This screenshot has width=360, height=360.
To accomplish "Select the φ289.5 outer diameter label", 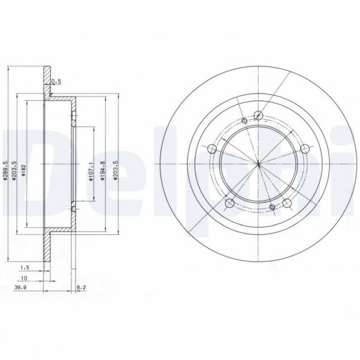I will tap(5, 170).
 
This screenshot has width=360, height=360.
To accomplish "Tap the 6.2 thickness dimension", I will tap(82, 289).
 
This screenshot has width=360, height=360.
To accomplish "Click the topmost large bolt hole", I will tap(258, 116).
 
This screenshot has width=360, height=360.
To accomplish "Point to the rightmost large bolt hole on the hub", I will tap(304, 149).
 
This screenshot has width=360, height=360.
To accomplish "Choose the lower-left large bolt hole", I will tap(229, 204).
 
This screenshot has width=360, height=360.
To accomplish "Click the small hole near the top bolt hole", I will tap(244, 122).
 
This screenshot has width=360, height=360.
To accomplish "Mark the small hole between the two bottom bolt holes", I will tap(272, 208).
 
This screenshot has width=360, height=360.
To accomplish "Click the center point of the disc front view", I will tap(258, 164).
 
